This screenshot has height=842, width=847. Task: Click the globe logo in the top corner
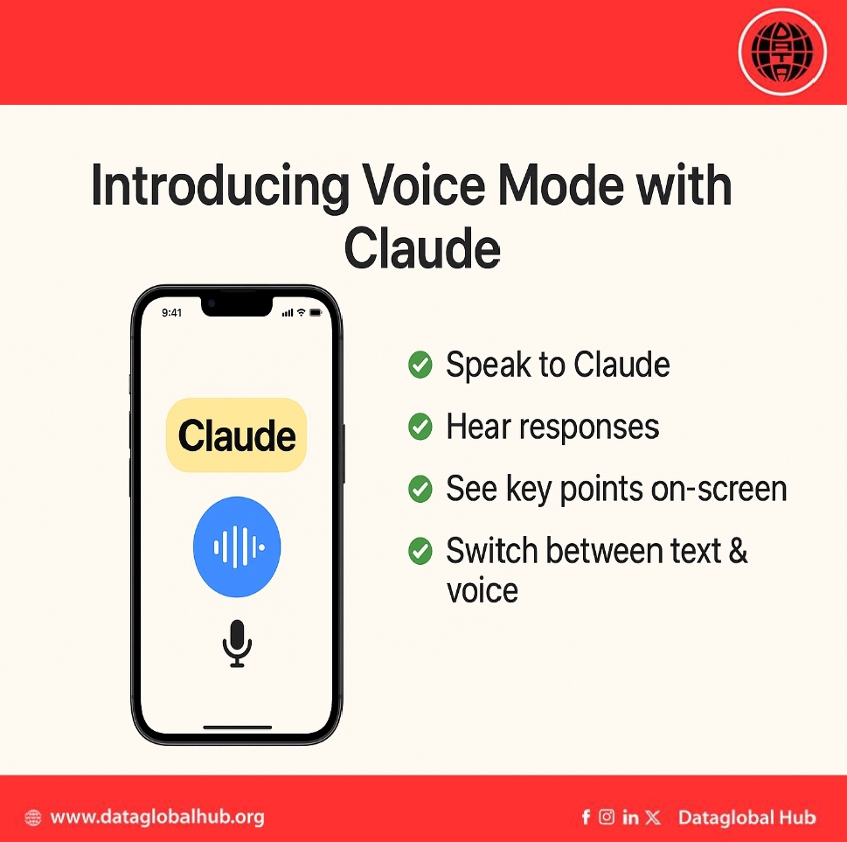tap(782, 52)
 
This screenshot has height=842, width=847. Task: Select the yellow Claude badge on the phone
tap(237, 435)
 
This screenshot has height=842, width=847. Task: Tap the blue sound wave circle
tap(237, 546)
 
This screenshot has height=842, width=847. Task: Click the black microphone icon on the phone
tap(237, 643)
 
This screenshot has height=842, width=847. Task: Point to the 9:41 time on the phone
tap(172, 312)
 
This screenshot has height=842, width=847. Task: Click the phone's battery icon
tap(316, 312)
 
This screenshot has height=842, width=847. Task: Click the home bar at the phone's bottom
tap(238, 727)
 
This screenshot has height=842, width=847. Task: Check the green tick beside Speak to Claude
tap(420, 365)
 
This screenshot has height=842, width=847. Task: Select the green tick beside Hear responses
tap(420, 427)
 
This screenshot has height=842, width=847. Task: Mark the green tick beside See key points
tap(420, 489)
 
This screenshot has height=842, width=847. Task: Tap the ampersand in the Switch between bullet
tap(738, 552)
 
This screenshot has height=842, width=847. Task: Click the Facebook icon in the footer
tap(586, 818)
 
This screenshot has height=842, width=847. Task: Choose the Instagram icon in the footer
tap(607, 818)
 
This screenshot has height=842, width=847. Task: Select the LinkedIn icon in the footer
tap(630, 818)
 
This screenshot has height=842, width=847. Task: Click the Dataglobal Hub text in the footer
tap(746, 818)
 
